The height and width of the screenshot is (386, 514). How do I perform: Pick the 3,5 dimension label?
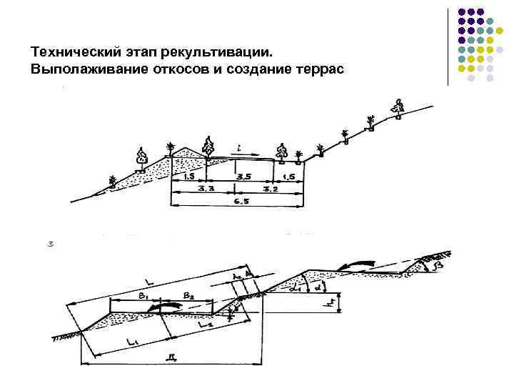pos(244,176)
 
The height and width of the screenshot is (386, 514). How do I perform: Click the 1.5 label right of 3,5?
pos(289,176)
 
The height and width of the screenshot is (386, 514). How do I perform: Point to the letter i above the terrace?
pos(240,147)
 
